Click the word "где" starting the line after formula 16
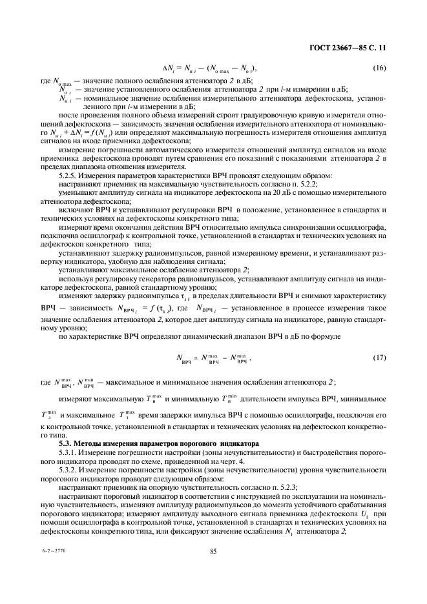point(45,79)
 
